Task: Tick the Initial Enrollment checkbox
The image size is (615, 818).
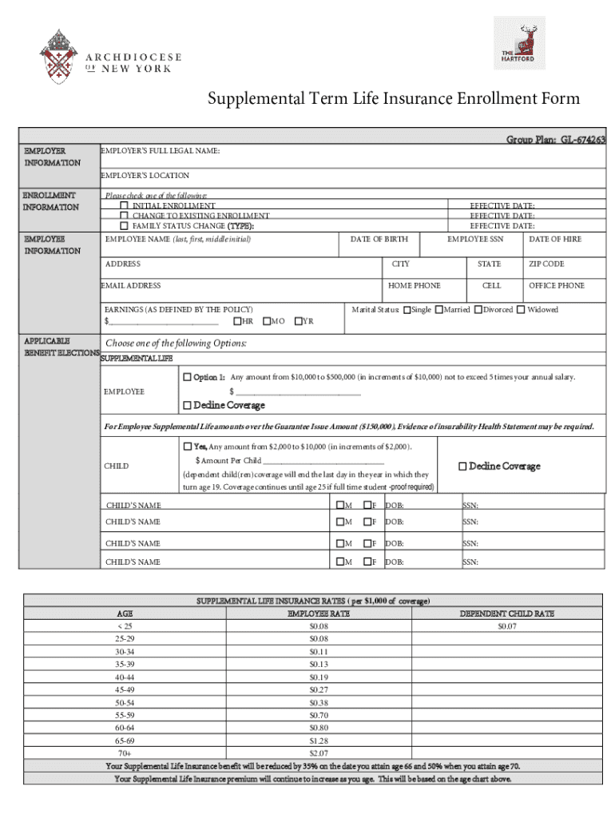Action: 125,206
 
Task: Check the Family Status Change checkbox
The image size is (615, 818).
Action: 125,226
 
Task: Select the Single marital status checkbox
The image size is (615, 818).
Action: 407,310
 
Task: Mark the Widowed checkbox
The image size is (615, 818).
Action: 521,310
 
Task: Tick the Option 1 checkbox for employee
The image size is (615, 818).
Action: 188,377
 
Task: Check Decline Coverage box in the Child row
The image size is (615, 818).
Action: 462,467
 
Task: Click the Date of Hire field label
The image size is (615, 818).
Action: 555,240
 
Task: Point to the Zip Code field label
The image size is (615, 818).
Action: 546,264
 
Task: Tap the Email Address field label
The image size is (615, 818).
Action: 130,286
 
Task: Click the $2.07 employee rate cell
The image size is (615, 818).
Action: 319,753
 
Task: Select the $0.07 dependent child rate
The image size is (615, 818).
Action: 506,626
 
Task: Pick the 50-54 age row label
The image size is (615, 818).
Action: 125,703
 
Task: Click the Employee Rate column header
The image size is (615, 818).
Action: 319,613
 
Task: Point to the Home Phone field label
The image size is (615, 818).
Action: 414,286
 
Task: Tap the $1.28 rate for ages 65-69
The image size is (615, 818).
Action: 319,741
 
